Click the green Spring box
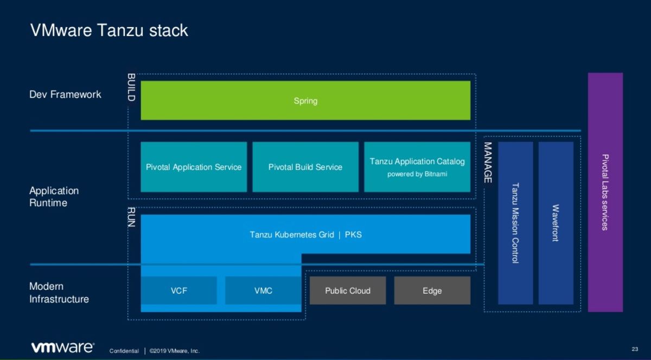(x=305, y=100)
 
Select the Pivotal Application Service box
(x=194, y=167)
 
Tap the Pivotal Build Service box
(x=305, y=167)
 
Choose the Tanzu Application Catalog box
(x=417, y=167)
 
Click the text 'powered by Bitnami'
(x=417, y=174)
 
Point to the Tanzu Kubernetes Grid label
(x=292, y=234)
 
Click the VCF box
(x=178, y=291)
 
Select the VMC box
(x=263, y=291)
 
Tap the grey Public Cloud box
(x=348, y=291)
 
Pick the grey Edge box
(x=432, y=291)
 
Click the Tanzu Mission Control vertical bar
(x=515, y=223)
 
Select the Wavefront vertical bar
(x=556, y=223)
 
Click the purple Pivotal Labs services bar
(x=605, y=192)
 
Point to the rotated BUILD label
(x=131, y=87)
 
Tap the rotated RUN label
(x=131, y=217)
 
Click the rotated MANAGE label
(x=488, y=163)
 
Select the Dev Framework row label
(x=65, y=94)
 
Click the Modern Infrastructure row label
(x=59, y=293)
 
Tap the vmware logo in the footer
(x=62, y=348)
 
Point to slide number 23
(x=635, y=349)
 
